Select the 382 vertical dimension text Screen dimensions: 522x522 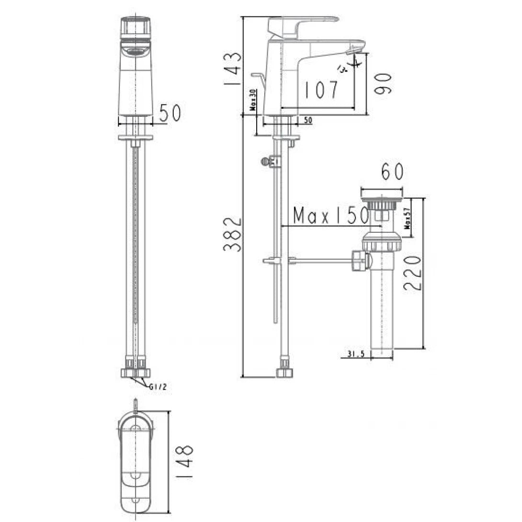click(232, 234)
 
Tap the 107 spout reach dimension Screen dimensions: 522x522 click(321, 90)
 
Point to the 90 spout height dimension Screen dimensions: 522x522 click(384, 83)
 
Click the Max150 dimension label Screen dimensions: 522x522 click(330, 216)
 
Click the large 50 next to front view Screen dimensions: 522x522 click(170, 113)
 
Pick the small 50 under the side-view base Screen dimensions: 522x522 click(307, 121)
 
